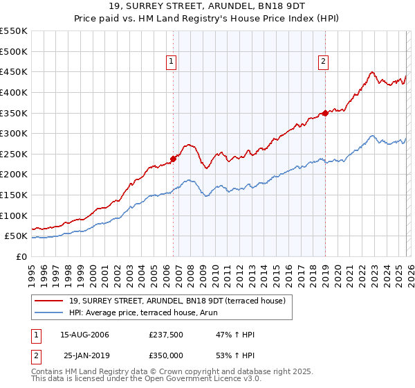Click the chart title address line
pyautogui.click(x=207, y=6)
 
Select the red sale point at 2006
pyautogui.click(x=173, y=159)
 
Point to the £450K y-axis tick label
pyautogui.click(x=14, y=71)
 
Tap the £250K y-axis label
pyautogui.click(x=14, y=154)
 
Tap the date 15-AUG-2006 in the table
pyautogui.click(x=84, y=335)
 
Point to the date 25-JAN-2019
pyautogui.click(x=84, y=355)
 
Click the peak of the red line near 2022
pyautogui.click(x=372, y=71)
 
